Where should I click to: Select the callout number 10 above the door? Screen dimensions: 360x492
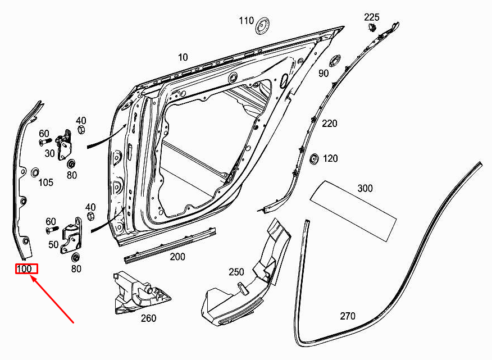point(183,57)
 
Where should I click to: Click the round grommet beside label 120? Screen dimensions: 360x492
point(314,158)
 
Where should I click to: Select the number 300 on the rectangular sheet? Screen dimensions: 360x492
point(365,189)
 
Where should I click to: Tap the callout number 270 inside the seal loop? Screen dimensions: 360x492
point(348,316)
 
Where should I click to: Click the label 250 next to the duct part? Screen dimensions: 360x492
point(236,272)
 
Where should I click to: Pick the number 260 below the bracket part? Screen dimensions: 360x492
point(148,318)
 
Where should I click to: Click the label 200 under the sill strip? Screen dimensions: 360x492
point(177,257)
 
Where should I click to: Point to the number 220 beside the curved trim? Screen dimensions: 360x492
point(329,124)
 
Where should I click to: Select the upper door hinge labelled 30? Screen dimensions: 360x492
point(67,144)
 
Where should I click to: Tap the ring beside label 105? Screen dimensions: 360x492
point(35,171)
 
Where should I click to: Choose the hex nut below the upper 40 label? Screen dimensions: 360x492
point(80,130)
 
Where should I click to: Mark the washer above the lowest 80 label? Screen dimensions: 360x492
point(75,257)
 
